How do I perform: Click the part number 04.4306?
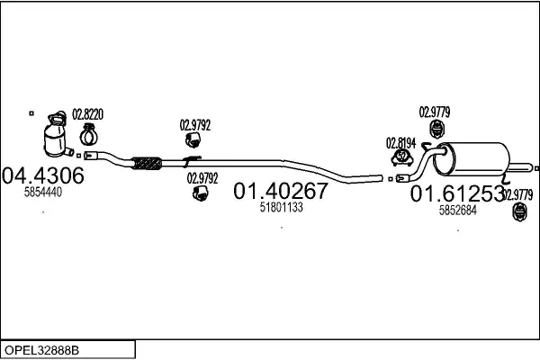coord(44,175)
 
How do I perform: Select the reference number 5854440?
coord(42,193)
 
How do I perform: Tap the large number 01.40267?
coord(281,191)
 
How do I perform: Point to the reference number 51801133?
coord(281,207)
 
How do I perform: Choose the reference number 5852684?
coord(457,210)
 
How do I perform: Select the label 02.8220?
coord(87,114)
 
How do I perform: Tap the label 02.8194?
coord(401,142)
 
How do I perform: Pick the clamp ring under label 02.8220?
coord(89,136)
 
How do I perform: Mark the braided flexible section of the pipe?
coord(147,163)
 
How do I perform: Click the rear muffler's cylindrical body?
coord(474,159)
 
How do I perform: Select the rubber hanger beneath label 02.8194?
coord(401,158)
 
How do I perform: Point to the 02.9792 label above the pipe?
coord(194,125)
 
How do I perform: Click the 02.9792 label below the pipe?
coord(202,177)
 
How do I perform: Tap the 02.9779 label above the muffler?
coord(434,112)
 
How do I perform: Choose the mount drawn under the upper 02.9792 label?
coord(193,140)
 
